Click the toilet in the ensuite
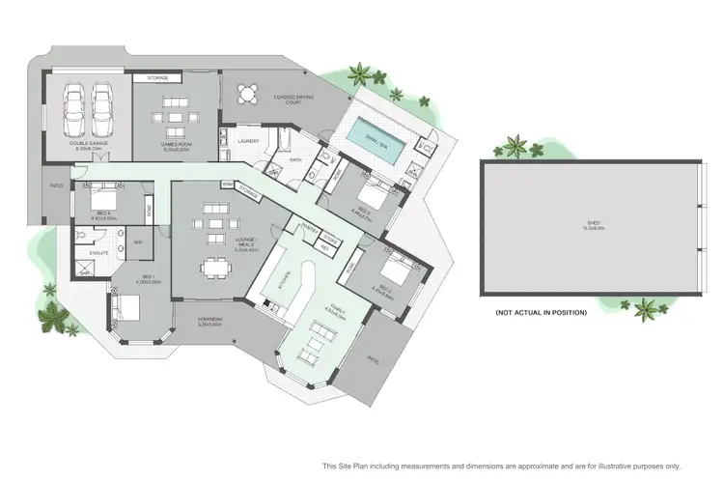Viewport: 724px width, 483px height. (85, 235)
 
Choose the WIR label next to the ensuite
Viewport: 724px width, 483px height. (137, 242)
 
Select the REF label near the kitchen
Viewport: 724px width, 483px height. (324, 247)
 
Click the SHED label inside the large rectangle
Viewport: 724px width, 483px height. (593, 228)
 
